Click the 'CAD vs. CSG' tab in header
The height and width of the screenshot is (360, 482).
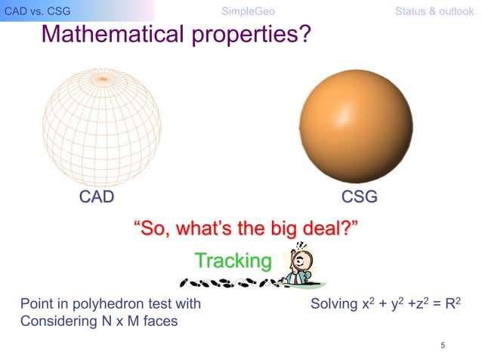point(32,11)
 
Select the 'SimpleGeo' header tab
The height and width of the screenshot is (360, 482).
point(248,11)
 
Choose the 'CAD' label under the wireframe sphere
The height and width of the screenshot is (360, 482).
point(97,198)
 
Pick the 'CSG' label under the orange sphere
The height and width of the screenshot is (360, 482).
point(360,198)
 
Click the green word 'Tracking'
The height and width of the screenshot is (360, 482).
point(233,260)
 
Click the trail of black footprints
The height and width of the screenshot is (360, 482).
point(227,284)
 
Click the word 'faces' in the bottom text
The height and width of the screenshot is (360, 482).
point(162,320)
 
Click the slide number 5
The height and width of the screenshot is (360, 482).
point(442,345)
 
